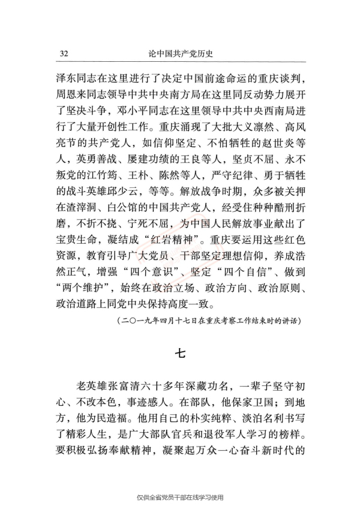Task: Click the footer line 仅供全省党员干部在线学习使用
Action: point(180,497)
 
